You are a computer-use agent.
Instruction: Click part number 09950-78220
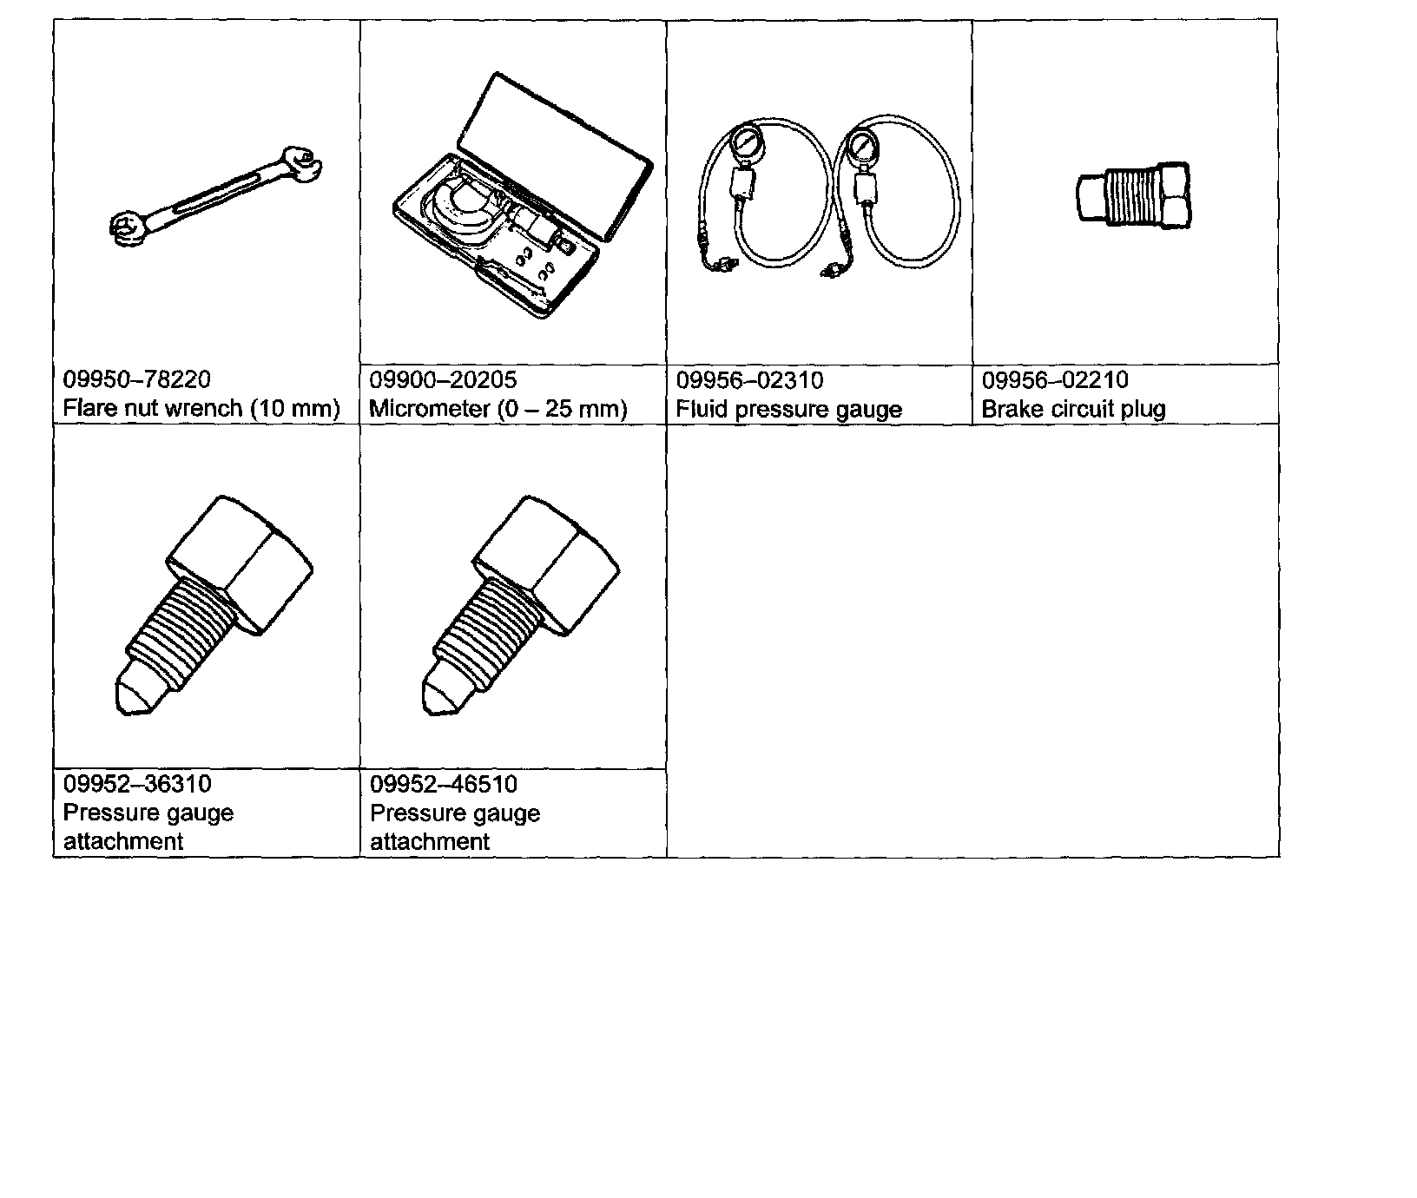[136, 379]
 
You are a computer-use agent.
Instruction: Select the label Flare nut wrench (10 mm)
[201, 408]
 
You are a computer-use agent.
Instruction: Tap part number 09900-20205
[443, 379]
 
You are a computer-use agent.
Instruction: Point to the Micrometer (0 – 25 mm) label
[498, 408]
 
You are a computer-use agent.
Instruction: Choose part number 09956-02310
[749, 380]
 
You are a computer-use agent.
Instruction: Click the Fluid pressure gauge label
[788, 409]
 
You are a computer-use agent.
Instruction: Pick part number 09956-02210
[1055, 379]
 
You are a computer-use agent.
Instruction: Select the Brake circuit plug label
[1073, 408]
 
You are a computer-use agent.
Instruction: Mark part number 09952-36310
[137, 784]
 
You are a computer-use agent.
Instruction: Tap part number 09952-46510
[444, 784]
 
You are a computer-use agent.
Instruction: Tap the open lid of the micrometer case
[556, 152]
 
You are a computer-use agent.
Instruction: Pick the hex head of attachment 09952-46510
[547, 560]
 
